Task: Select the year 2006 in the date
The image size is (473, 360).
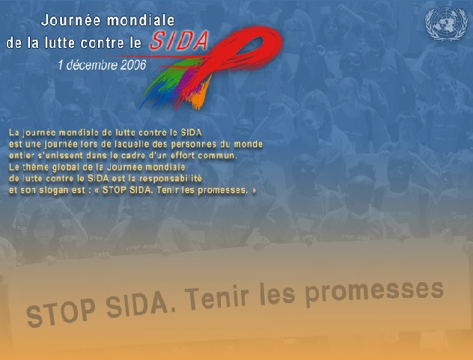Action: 132,64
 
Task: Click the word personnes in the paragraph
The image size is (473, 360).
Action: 210,144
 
